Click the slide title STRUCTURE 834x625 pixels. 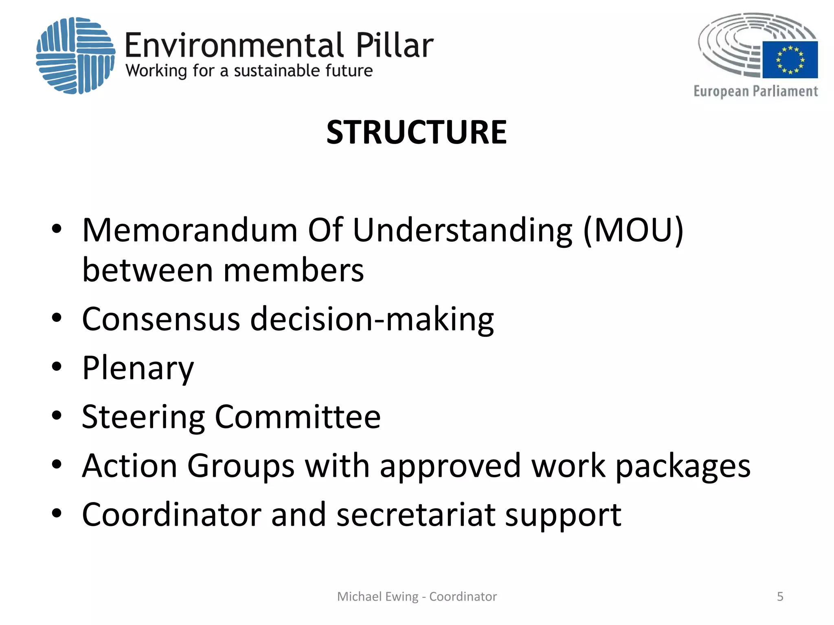417,132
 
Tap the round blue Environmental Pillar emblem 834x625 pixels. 76,56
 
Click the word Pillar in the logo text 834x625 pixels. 394,45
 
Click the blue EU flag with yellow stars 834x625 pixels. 790,59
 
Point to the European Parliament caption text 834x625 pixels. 755,91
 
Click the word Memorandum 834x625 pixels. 190,230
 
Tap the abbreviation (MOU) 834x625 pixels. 633,230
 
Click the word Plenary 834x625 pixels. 138,368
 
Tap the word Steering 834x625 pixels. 143,417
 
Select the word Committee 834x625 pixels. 298,417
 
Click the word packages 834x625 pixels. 683,466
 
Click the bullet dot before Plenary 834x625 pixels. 57,367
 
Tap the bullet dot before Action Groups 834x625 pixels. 57,464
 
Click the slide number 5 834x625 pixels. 780,597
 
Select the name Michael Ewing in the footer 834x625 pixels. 377,597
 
